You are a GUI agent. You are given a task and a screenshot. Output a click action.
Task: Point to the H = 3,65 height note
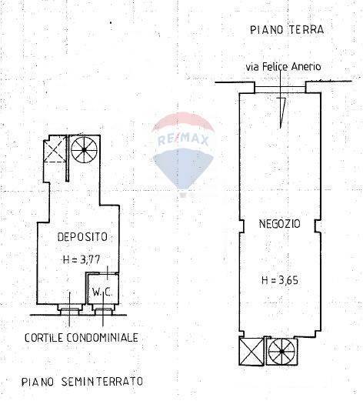tap(278, 279)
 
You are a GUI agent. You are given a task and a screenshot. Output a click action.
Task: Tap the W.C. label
tap(102, 292)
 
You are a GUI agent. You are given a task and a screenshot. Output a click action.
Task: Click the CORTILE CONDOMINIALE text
tap(81, 338)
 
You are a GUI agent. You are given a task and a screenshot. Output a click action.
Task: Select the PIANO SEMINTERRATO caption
tap(82, 381)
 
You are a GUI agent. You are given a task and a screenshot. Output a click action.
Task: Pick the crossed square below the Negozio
tap(251, 353)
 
